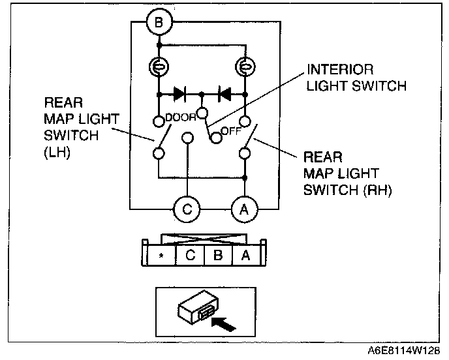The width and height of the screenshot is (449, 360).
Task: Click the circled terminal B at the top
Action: click(159, 25)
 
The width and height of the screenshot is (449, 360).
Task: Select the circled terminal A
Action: click(245, 209)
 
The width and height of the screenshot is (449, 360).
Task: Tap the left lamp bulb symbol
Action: click(159, 67)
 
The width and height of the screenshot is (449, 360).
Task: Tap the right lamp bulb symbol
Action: click(245, 67)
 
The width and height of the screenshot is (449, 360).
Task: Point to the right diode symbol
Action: click(225, 94)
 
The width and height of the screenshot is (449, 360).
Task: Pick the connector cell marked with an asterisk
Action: click(162, 256)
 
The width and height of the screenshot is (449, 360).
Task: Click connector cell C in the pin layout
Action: click(190, 256)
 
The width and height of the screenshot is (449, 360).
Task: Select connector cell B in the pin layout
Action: click(217, 256)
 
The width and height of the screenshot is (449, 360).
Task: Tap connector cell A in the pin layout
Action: click(245, 256)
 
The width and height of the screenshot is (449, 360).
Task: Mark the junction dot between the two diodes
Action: click(202, 94)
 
